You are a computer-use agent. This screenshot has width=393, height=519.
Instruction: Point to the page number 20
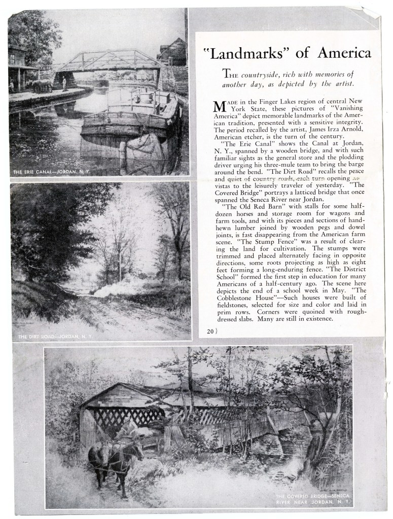pyautogui.click(x=209, y=331)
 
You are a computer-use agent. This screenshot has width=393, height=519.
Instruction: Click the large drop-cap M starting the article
pyautogui.click(x=219, y=107)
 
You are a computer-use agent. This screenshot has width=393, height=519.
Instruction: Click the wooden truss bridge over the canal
pyautogui.click(x=109, y=61)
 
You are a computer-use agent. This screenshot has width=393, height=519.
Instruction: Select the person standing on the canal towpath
pyautogui.click(x=64, y=84)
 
